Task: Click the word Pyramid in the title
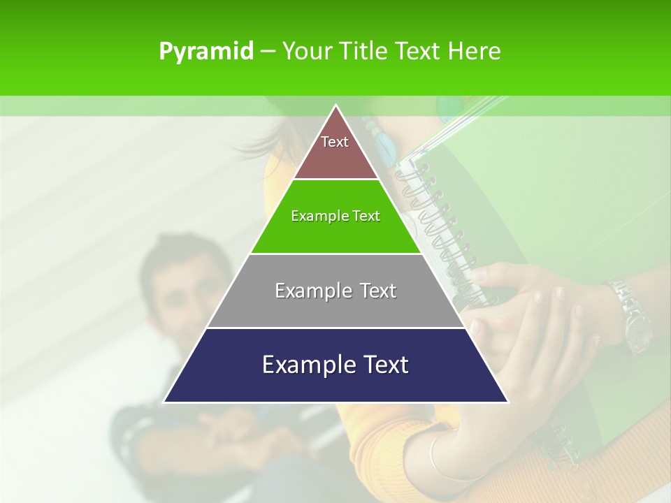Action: pyautogui.click(x=206, y=52)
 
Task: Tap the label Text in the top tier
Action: pyautogui.click(x=335, y=142)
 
